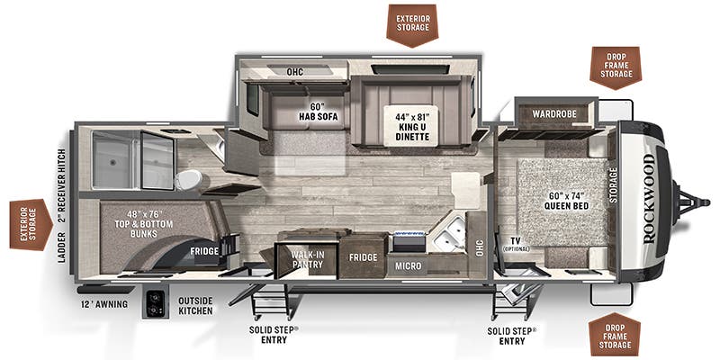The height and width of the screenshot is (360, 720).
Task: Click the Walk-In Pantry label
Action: pos(307,260)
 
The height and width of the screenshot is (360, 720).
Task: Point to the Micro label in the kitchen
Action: pos(409,266)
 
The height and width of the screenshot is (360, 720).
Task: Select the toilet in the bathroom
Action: pos(187,179)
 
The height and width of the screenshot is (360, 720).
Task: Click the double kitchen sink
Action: pos(447,233)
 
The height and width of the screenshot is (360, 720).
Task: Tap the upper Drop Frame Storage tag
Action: pos(614,67)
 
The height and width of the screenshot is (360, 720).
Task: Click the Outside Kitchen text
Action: pos(195,306)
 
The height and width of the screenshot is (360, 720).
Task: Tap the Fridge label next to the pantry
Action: pos(363,257)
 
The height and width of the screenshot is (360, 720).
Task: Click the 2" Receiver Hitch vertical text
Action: pos(62,189)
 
